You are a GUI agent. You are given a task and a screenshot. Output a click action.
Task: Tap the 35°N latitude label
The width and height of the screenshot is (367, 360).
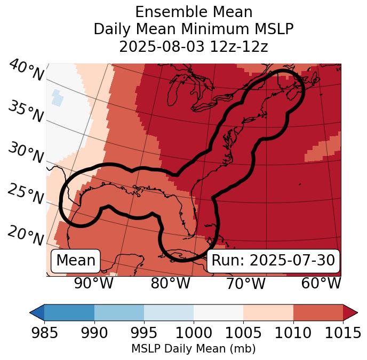(x=25, y=112)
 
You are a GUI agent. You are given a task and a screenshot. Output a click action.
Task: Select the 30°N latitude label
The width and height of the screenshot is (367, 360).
(x=25, y=153)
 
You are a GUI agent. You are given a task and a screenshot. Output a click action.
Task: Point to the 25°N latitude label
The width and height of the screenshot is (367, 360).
(x=25, y=194)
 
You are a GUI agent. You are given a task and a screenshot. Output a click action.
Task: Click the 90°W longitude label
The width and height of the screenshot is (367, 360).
(x=94, y=284)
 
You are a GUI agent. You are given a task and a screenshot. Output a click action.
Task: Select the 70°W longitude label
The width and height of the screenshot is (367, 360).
(x=245, y=284)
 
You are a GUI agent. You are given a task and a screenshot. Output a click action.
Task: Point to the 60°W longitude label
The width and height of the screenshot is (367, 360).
(x=321, y=284)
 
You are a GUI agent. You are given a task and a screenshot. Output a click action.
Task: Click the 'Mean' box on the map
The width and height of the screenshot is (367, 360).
(x=76, y=261)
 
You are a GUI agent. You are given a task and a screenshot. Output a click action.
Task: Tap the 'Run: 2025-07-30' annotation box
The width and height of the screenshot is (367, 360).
(x=273, y=261)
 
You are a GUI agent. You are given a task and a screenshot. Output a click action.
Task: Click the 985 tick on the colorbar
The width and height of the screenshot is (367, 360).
(x=44, y=333)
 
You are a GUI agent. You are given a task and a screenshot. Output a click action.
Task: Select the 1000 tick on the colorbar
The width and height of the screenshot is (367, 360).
(x=194, y=333)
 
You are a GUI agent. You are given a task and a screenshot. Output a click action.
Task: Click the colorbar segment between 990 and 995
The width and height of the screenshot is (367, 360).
(x=119, y=312)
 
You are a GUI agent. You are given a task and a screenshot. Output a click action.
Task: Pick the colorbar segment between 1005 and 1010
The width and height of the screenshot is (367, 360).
(x=268, y=312)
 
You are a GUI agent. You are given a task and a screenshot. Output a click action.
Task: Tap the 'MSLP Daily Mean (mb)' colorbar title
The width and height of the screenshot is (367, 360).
(x=193, y=349)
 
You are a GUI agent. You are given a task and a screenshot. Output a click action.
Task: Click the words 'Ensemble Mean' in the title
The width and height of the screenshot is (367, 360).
(x=193, y=12)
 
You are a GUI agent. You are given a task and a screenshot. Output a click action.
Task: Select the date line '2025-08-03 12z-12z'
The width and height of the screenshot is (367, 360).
(x=193, y=46)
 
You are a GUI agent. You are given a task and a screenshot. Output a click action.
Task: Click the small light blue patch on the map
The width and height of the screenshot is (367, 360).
(x=57, y=98)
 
